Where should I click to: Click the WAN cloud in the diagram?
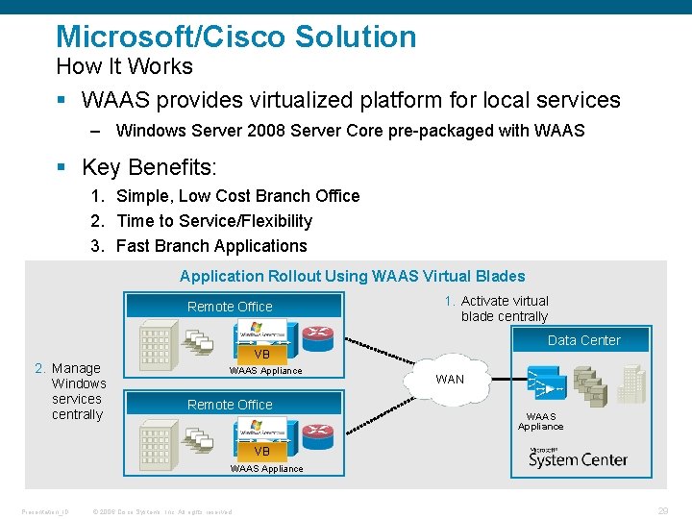coord(450,379)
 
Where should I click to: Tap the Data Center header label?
coord(583,340)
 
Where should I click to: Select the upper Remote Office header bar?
coord(231,307)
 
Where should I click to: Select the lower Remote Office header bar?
coord(231,405)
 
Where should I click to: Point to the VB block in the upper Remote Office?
coord(261,354)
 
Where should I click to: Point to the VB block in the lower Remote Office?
coord(261,451)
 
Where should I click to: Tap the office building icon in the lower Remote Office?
coord(156,443)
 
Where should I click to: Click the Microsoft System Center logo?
coord(578,457)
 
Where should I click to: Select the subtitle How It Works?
coord(124,66)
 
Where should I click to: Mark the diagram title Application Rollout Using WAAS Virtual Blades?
coord(352,276)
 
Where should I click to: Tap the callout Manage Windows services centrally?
coord(76,391)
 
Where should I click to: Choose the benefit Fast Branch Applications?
coord(210,245)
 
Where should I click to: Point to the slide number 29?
coord(662,511)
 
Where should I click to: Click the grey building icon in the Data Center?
coord(632,382)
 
